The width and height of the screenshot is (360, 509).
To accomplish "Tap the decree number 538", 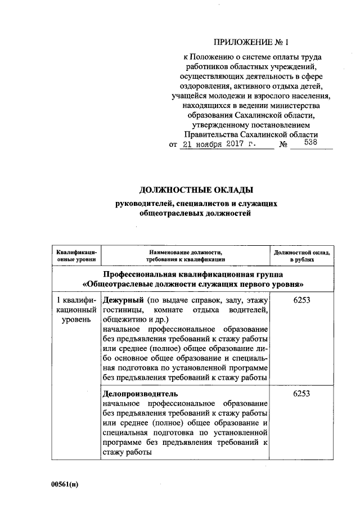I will pos(310,143).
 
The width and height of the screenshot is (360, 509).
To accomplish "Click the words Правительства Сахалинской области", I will pos(251,134).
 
